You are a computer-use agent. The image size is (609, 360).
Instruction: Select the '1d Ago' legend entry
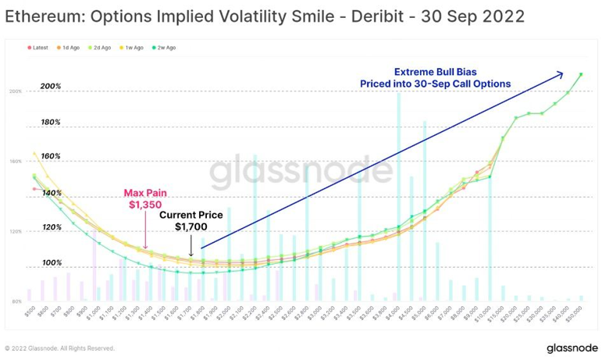(x=72, y=48)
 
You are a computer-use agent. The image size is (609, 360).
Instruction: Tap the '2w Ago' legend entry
(x=166, y=48)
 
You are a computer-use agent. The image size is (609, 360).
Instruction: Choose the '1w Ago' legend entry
(x=135, y=48)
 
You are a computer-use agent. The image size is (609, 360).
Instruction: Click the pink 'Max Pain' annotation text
(x=146, y=192)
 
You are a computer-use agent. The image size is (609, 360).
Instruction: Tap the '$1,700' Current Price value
(x=191, y=227)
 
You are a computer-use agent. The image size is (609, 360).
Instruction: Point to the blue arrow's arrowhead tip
(x=564, y=74)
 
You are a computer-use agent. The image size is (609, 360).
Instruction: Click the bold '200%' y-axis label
(x=51, y=86)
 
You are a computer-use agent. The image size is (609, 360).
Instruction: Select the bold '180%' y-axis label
(x=51, y=122)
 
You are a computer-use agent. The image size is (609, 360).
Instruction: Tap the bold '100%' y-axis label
(x=51, y=262)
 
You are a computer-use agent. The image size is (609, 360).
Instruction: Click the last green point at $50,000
(x=581, y=74)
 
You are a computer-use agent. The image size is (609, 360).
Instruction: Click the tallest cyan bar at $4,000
(x=399, y=195)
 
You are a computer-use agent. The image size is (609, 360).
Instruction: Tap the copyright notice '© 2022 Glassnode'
(x=59, y=348)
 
